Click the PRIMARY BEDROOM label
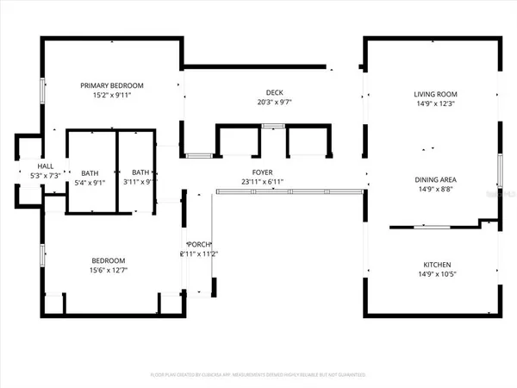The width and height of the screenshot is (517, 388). coord(112,85)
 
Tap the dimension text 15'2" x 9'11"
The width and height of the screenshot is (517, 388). coord(112,95)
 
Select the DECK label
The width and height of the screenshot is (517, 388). coord(274,93)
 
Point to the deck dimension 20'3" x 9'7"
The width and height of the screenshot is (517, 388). coord(274,103)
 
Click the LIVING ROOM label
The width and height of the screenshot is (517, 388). coord(435,94)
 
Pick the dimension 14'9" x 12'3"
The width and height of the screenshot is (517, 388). coord(435,103)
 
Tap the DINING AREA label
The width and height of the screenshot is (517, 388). coord(435,180)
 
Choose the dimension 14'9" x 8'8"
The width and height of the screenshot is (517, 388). coord(435,190)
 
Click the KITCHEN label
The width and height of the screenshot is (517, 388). coord(435,266)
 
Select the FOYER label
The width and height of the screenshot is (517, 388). coord(262,172)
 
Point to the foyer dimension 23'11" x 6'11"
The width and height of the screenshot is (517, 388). coord(262,182)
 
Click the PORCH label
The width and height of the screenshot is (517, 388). coord(195,245)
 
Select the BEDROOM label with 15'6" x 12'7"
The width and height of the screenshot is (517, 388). coord(109,261)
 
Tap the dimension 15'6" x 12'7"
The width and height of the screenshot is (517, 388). coord(109,272)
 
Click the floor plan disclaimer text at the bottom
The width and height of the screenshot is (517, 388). coord(258,376)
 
